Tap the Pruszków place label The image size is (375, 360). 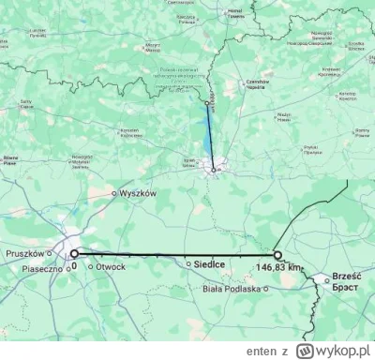click(x=26, y=253)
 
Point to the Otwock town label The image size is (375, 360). click(x=109, y=265)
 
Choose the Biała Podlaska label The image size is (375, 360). click(x=230, y=288)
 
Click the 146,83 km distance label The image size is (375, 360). click(x=280, y=267)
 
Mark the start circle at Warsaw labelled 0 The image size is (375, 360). click(x=75, y=253)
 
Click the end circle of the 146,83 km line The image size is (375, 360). click(x=277, y=254)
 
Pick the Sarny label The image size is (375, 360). click(x=26, y=101)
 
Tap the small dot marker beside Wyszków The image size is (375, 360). click(x=114, y=194)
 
